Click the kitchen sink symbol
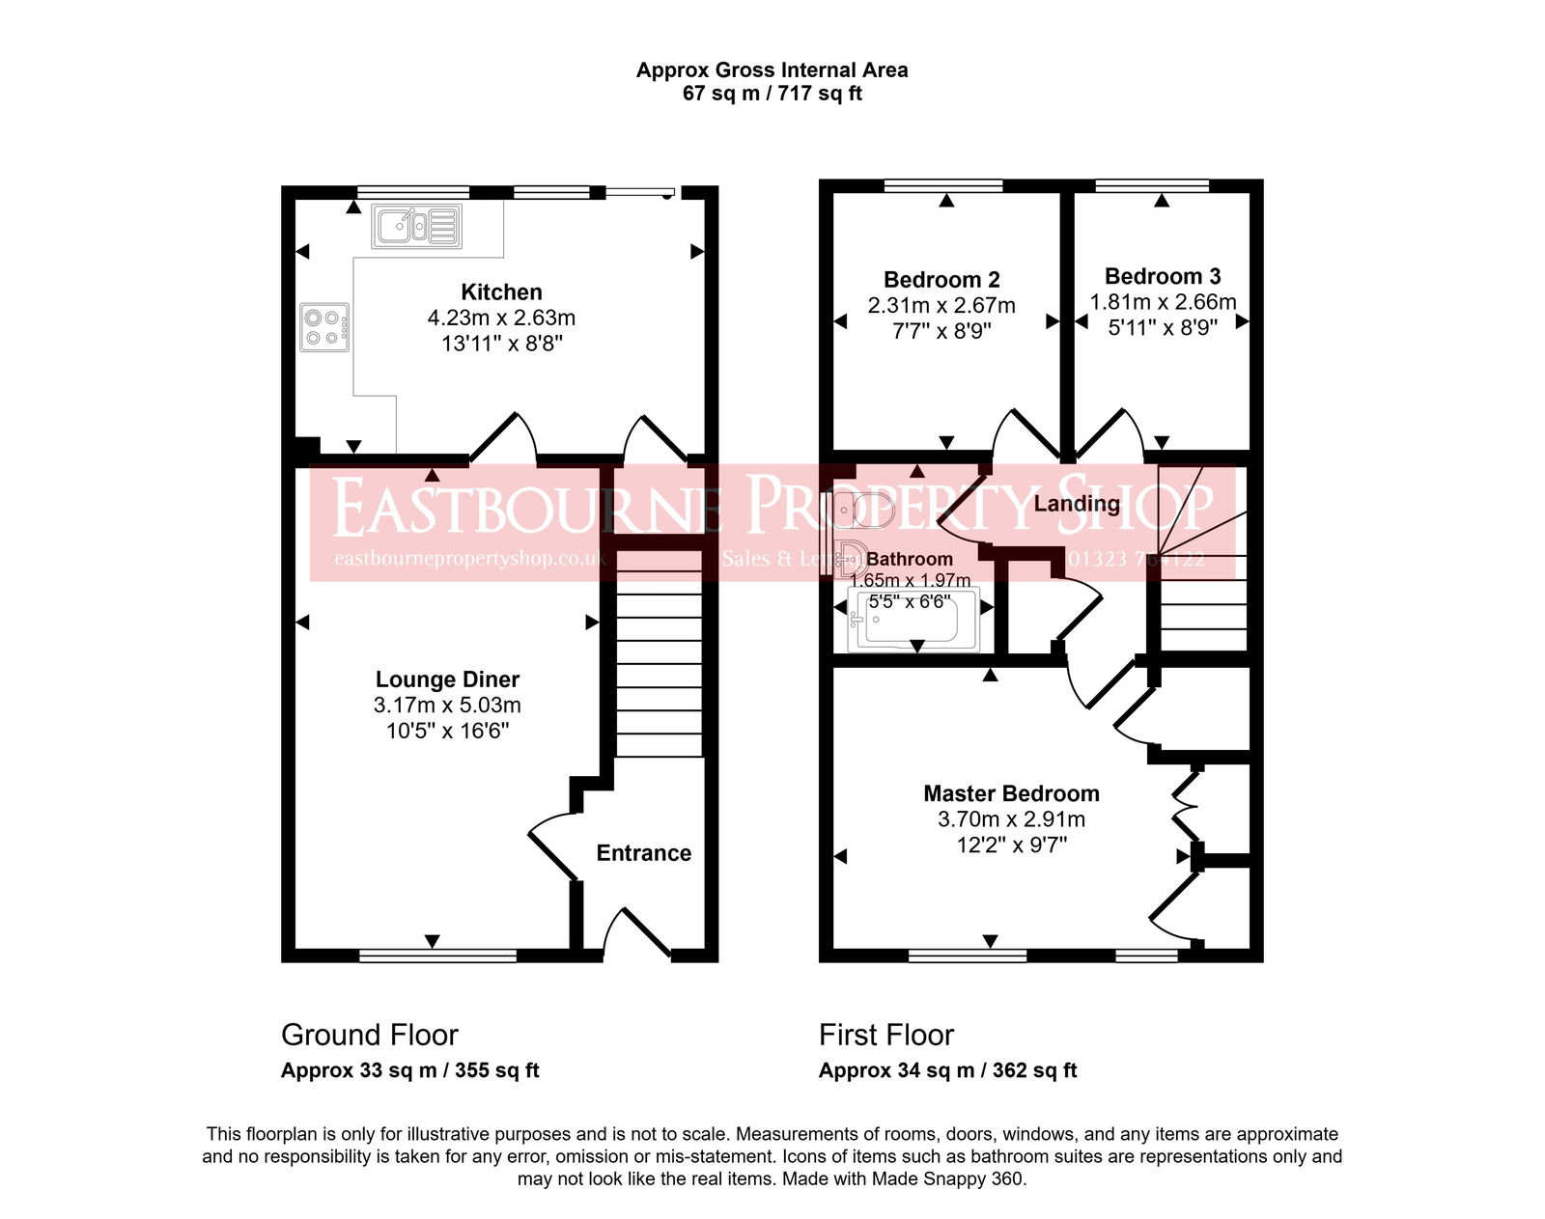(x=417, y=226)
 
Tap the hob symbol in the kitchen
(x=324, y=327)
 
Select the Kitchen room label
(x=501, y=291)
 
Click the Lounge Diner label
(x=447, y=679)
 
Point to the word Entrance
(x=643, y=853)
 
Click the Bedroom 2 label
(x=941, y=280)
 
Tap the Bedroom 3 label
(x=1163, y=277)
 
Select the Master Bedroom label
(x=1011, y=793)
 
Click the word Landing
(x=1077, y=503)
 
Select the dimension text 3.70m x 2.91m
(x=1011, y=819)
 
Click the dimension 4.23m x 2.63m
(x=501, y=318)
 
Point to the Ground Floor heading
(x=369, y=1035)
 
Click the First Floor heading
(x=885, y=1035)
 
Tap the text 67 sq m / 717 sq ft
(x=772, y=94)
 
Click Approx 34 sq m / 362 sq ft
(x=947, y=1070)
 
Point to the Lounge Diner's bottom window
(x=437, y=956)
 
